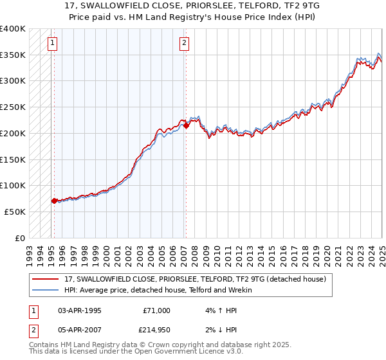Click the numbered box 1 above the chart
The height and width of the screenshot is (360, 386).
click(x=52, y=44)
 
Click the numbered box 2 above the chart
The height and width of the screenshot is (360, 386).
click(x=184, y=44)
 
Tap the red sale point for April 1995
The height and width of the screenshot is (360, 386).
click(x=54, y=201)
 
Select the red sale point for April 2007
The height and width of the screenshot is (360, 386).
click(x=186, y=126)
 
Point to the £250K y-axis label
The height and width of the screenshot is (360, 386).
click(x=13, y=107)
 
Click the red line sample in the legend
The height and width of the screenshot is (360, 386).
click(x=46, y=279)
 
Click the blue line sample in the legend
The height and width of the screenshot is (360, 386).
click(x=46, y=290)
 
